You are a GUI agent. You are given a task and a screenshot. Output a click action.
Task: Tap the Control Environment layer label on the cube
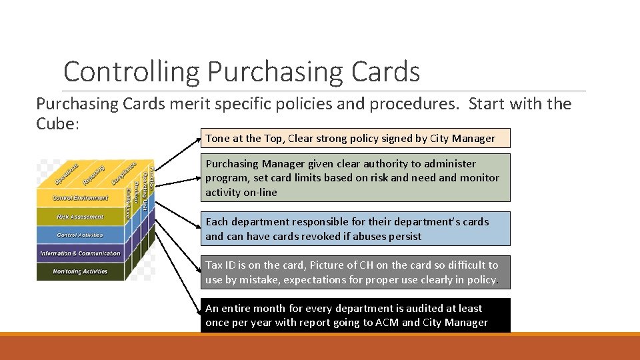click(80, 198)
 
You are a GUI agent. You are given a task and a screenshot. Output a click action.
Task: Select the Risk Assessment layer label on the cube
click(80, 217)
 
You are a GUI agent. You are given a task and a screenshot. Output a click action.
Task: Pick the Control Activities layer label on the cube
click(80, 235)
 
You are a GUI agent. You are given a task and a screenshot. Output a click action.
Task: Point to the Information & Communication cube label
click(80, 253)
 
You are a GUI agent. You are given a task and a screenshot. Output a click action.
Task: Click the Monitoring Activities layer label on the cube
click(80, 271)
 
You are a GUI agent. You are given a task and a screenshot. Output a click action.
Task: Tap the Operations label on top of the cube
click(66, 174)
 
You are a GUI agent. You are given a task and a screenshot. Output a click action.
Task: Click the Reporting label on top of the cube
click(93, 174)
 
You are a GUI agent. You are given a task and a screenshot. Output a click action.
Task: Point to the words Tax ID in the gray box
click(219, 265)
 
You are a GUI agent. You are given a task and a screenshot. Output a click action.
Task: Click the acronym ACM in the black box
click(387, 323)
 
